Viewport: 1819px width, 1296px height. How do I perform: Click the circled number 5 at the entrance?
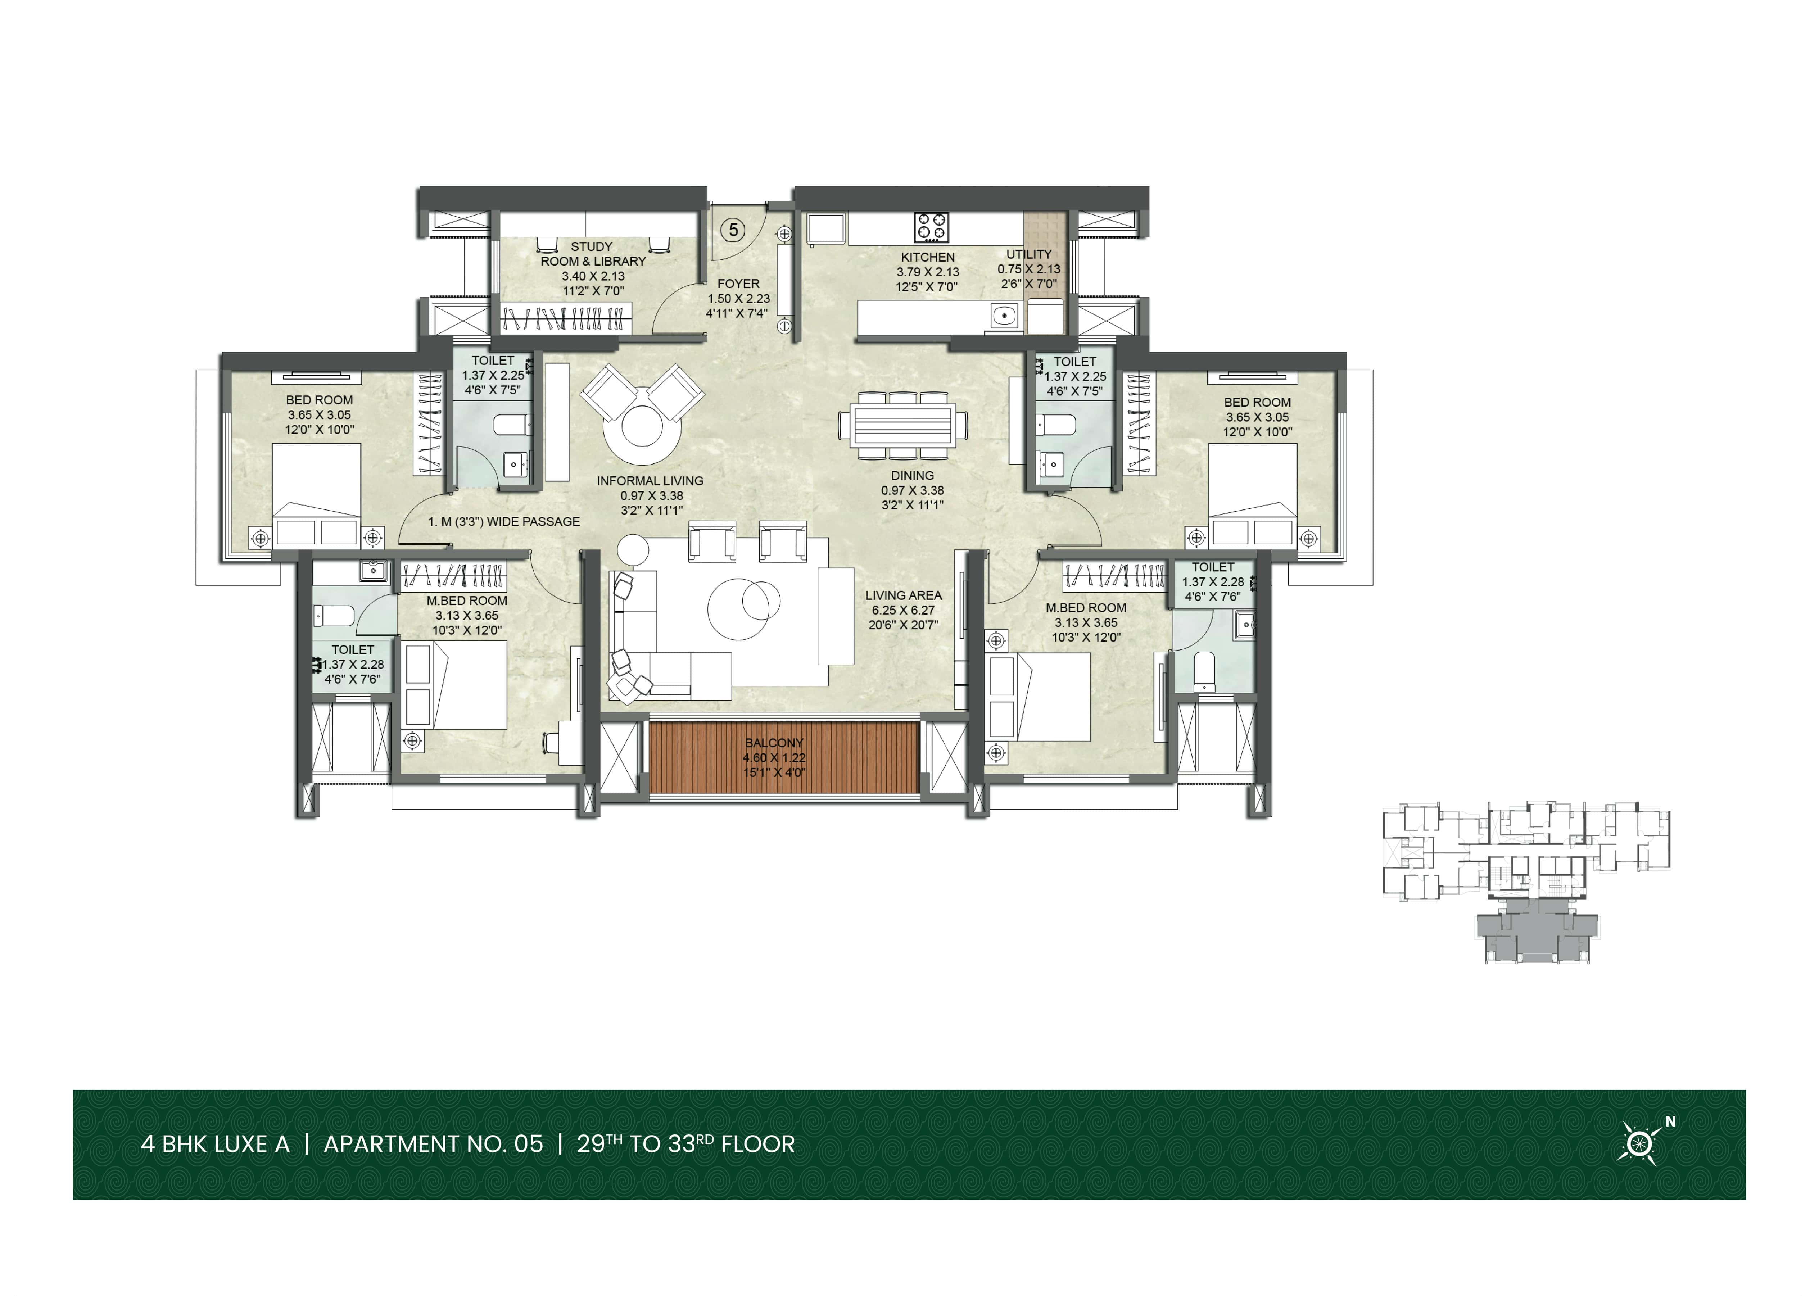click(x=733, y=230)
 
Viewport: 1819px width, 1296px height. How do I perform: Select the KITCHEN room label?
click(x=927, y=257)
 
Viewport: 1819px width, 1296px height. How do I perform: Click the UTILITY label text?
click(x=1029, y=254)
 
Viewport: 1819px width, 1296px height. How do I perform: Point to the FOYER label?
click(x=738, y=283)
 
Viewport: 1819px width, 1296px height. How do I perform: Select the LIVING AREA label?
click(x=904, y=595)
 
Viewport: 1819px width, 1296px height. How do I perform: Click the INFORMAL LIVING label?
click(x=650, y=480)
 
